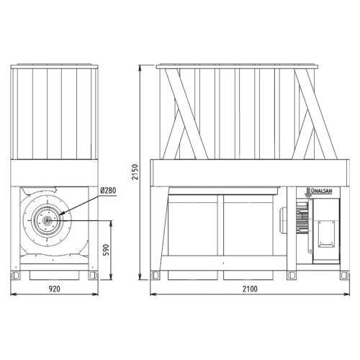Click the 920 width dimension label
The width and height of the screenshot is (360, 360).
55,289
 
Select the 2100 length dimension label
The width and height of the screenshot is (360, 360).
250,289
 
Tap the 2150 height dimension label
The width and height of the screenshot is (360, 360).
135,172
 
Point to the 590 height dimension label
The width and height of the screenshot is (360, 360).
106,250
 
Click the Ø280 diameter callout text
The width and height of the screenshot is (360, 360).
108,191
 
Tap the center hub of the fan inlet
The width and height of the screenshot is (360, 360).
47,220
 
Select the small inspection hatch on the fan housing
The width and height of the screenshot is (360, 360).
326,234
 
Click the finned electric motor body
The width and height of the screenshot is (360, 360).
302,217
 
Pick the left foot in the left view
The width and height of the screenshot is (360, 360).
15,275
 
